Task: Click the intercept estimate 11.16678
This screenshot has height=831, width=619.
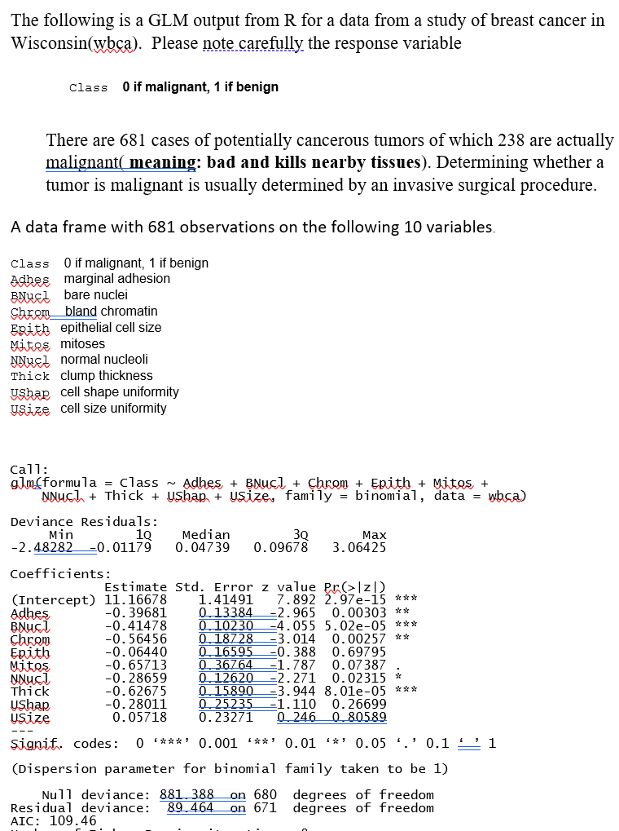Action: point(136,600)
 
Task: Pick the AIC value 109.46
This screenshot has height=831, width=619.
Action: point(73,820)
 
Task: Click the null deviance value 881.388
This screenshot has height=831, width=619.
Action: point(187,794)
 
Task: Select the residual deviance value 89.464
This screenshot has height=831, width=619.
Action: point(190,807)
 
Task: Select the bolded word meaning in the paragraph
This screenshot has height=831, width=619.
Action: point(162,162)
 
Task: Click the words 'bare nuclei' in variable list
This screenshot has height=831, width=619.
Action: point(95,294)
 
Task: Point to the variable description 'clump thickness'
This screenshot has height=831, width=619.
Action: point(107,376)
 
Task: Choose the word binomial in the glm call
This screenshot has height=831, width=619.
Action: point(384,495)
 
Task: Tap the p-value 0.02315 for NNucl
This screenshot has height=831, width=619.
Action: point(359,679)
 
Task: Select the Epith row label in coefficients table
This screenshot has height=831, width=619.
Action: point(30,652)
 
